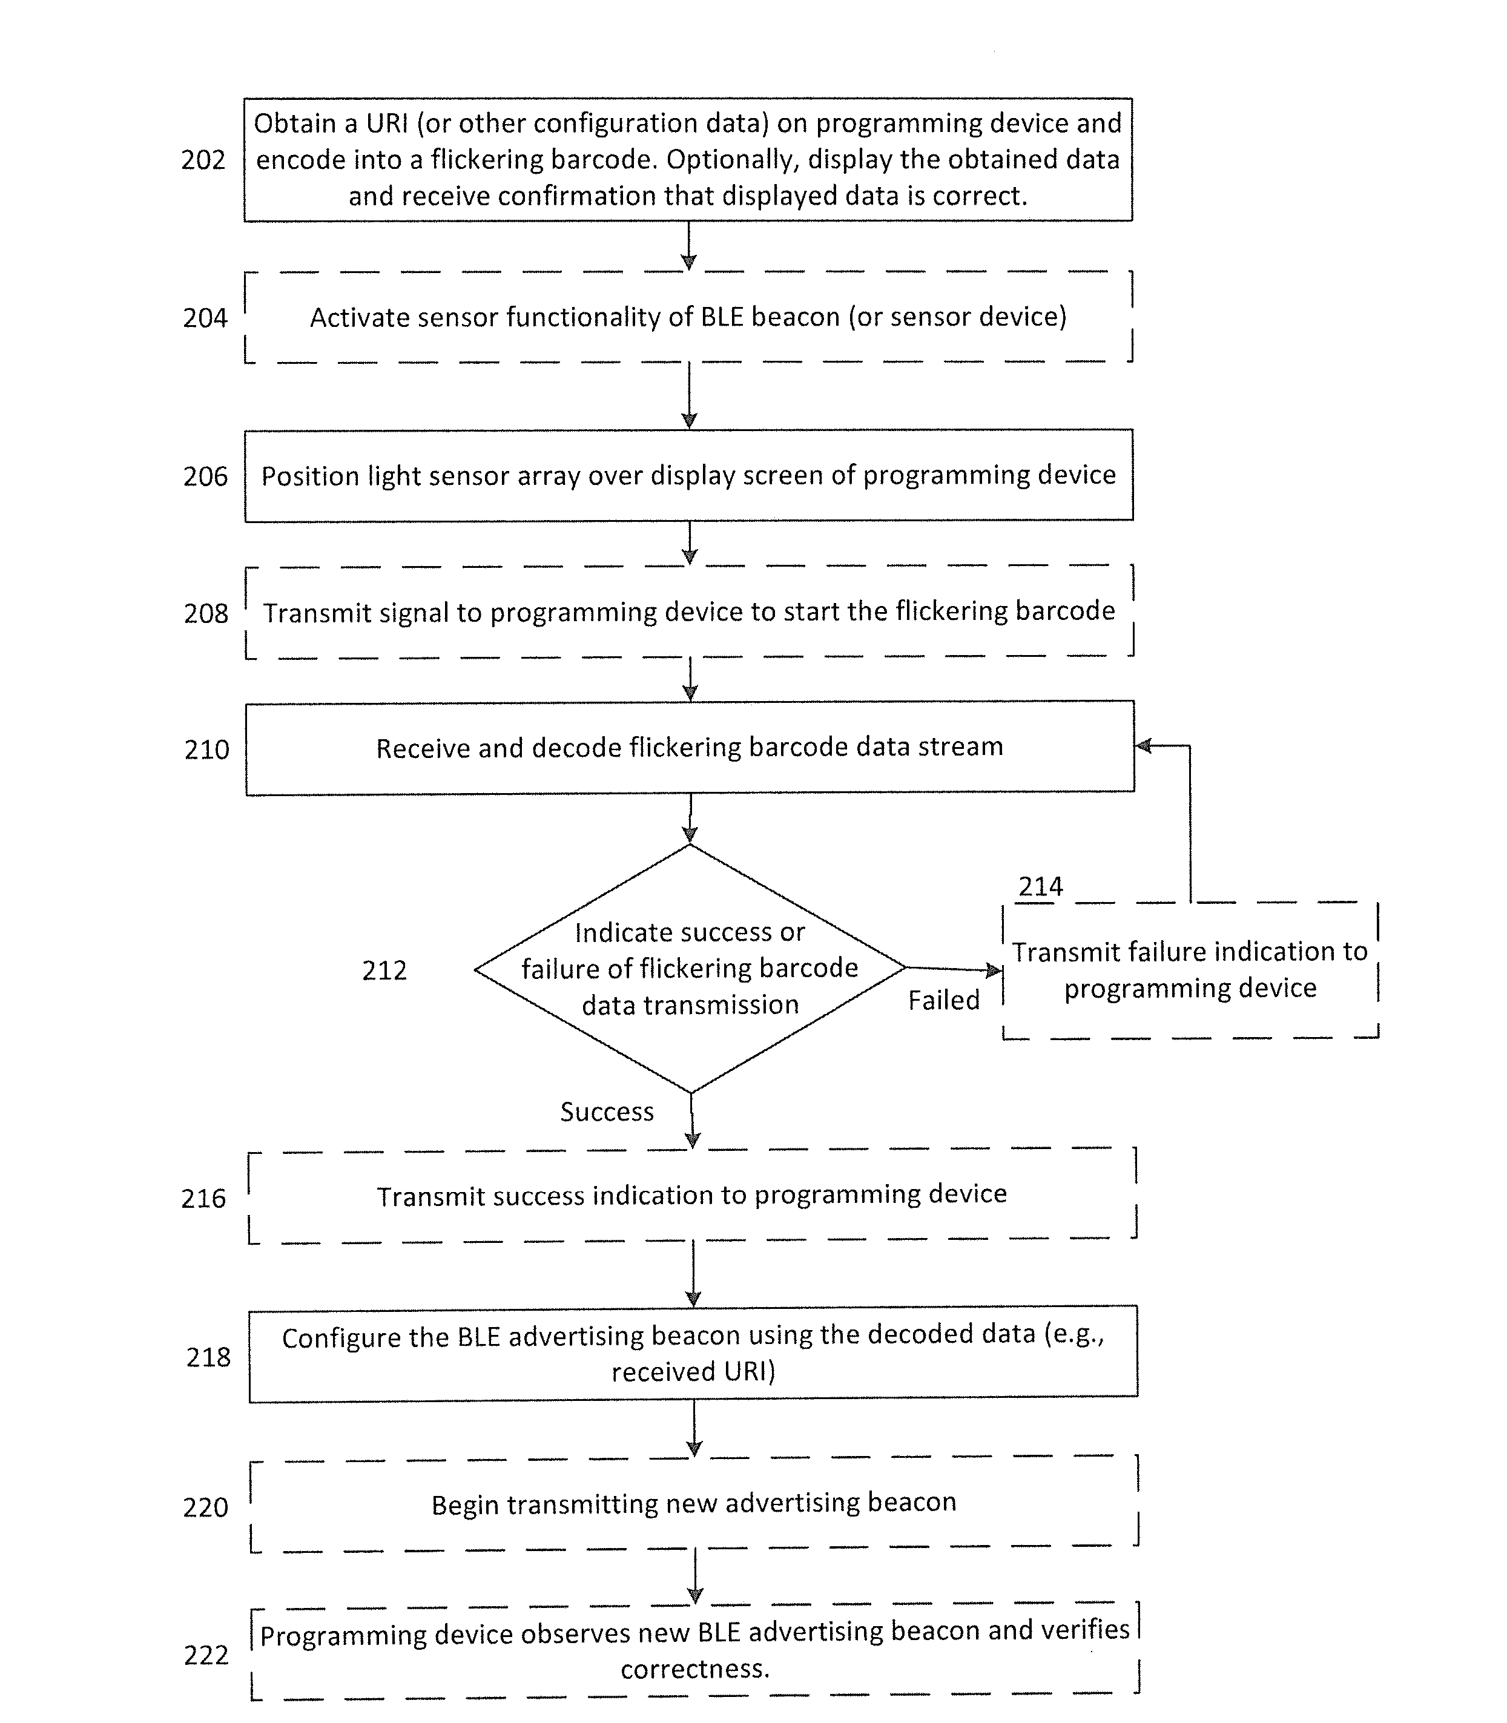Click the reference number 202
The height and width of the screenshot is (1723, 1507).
click(203, 160)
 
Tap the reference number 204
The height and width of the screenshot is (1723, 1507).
click(205, 318)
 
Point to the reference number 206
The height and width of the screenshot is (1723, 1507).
click(205, 477)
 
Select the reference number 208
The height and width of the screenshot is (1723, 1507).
click(206, 614)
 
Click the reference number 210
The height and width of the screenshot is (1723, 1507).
click(207, 749)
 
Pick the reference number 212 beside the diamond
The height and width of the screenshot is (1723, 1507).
click(384, 970)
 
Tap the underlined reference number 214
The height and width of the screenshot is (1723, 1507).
click(1041, 886)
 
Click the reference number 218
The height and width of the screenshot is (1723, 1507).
click(208, 1357)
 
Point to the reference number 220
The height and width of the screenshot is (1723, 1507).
click(205, 1507)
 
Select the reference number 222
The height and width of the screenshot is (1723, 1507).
click(206, 1655)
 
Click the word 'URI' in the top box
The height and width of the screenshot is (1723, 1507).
click(387, 124)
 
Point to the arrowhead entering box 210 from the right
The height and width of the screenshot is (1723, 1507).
click(1143, 746)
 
